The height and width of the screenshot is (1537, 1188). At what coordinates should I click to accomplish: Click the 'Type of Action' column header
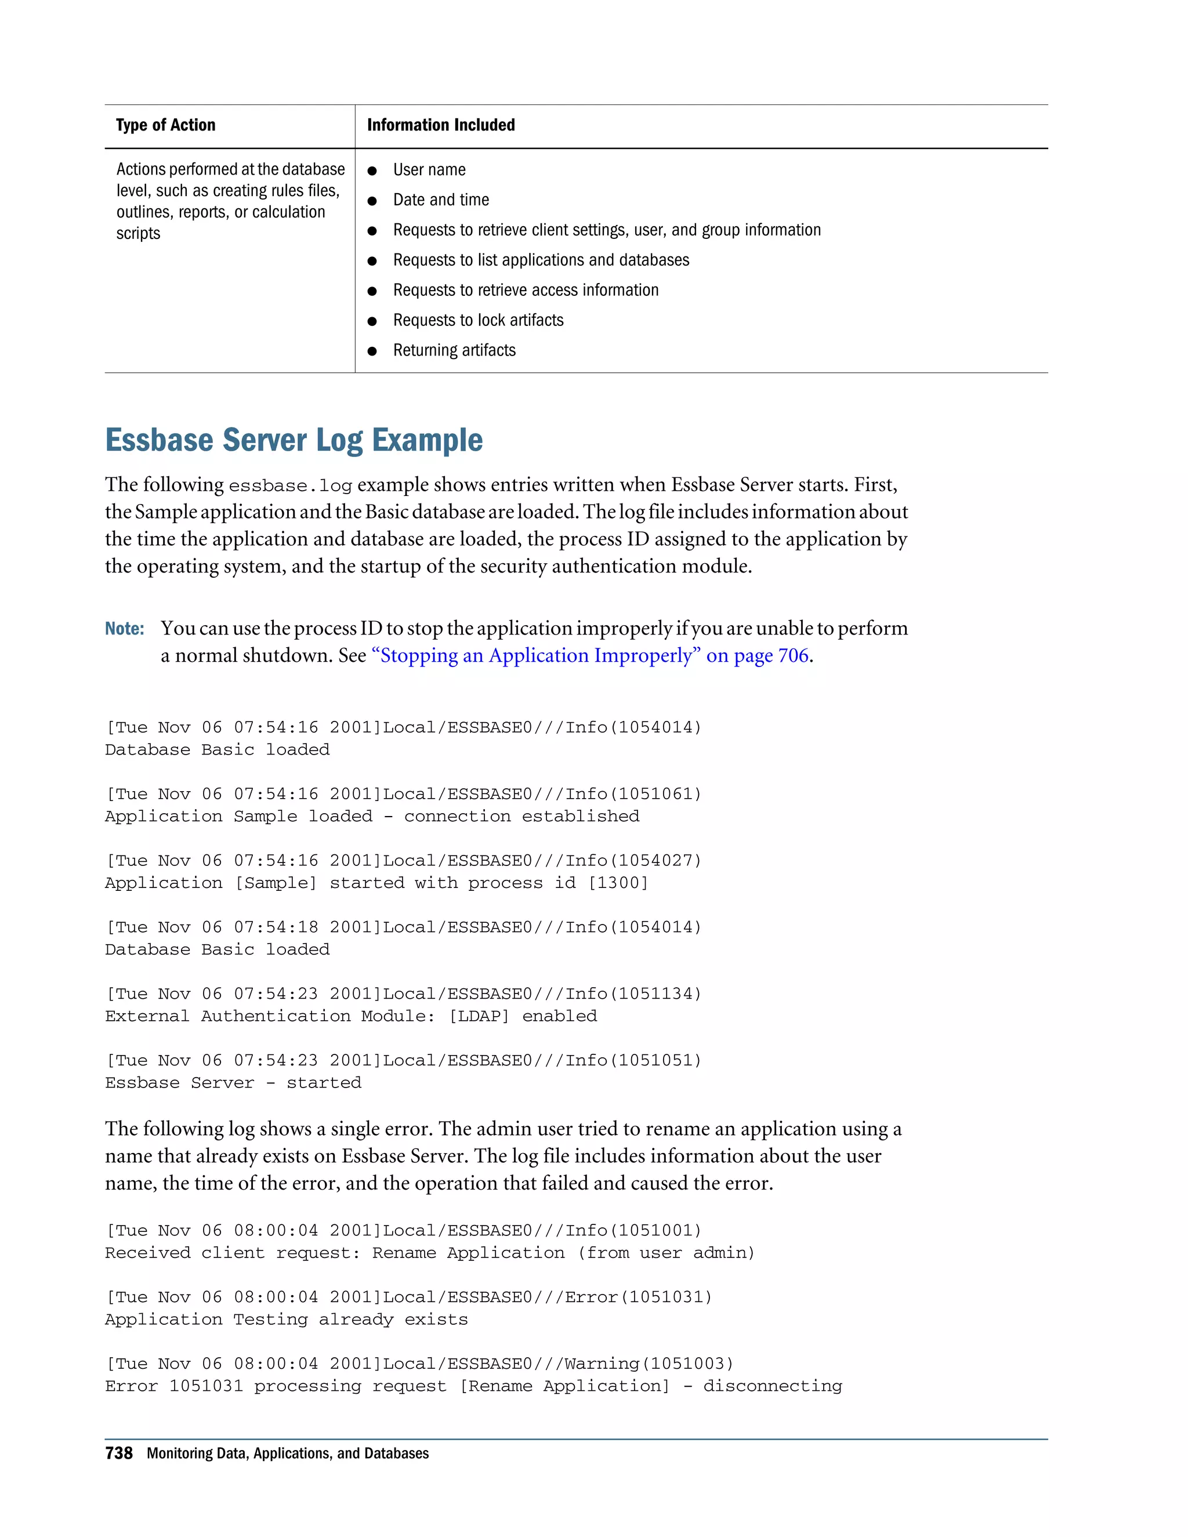click(165, 125)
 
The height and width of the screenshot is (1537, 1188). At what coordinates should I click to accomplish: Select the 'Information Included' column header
click(441, 125)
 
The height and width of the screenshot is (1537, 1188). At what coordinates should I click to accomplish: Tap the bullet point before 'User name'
click(372, 171)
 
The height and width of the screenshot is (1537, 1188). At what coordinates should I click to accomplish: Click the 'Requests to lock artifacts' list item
click(478, 320)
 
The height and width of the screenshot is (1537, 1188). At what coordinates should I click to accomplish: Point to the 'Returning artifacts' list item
click(454, 350)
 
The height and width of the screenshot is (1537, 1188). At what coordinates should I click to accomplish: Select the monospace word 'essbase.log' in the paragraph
click(290, 485)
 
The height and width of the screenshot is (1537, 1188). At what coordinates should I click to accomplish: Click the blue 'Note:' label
click(125, 629)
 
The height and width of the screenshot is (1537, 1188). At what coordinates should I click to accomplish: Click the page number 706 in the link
click(793, 656)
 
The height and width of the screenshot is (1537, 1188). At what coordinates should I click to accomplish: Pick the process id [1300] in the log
click(617, 883)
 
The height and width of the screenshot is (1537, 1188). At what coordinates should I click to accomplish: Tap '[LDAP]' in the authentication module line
click(479, 1016)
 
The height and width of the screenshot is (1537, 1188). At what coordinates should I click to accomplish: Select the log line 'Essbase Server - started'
click(233, 1083)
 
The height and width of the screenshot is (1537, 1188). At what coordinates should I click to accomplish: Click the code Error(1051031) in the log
click(638, 1297)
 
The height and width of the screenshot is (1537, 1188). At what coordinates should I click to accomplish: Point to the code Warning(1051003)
click(649, 1364)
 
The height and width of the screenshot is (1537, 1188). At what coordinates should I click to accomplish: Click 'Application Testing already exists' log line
click(287, 1319)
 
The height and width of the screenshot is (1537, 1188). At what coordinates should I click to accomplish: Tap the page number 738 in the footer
click(119, 1453)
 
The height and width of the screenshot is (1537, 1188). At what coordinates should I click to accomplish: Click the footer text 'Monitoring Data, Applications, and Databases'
click(287, 1454)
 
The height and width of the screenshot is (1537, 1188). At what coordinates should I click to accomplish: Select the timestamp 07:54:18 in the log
click(276, 927)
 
